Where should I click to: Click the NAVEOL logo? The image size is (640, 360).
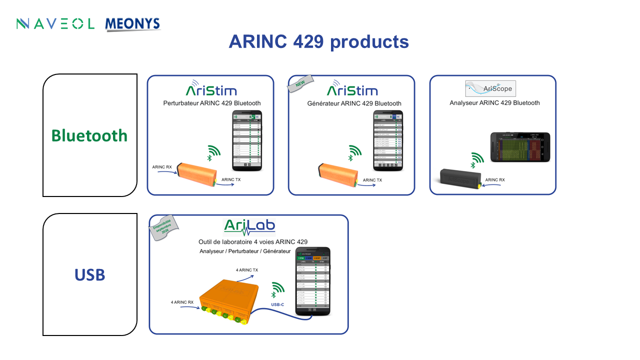coord(55,23)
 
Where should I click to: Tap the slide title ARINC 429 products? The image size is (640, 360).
coord(318,41)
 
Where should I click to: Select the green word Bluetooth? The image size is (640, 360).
coord(89,135)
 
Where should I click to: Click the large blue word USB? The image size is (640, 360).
coord(89,274)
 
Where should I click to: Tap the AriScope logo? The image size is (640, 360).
coord(490,88)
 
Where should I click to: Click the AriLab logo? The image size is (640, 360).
coord(249,226)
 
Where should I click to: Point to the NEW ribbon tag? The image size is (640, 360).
coord(299,84)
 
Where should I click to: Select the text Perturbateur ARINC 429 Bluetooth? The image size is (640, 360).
coord(212,103)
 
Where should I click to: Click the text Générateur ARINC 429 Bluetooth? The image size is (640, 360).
coord(354,103)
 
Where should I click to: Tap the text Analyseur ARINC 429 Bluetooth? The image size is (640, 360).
coord(494,103)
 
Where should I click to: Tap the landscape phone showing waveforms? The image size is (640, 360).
coord(520,147)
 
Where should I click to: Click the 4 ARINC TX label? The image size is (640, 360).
coord(247,270)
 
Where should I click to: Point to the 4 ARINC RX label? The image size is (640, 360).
coord(182,302)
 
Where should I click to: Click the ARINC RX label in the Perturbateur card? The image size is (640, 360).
coord(162,167)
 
